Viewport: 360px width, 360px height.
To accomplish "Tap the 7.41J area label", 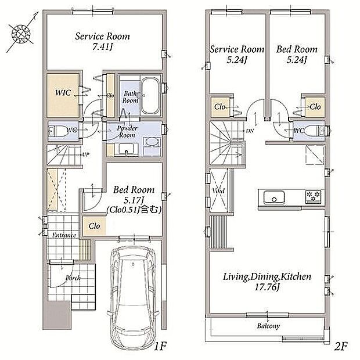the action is point(102,47).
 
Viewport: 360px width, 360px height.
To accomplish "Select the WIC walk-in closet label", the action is point(63,93).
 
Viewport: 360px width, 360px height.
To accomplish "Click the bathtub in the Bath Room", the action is point(150,95).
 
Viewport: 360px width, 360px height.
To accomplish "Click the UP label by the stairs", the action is point(86,154).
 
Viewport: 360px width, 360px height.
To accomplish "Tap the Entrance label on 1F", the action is point(64,235).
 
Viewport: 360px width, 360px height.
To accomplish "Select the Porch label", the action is point(73,278).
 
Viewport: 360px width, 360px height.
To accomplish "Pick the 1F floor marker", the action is point(160,346).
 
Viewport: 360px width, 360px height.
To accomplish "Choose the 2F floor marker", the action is point(340,346).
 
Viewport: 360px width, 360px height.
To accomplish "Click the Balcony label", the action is point(268,326).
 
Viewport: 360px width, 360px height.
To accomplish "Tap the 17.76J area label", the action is point(267,287).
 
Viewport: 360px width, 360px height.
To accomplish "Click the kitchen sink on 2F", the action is point(274,197).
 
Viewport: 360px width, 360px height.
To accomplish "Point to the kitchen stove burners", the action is point(313,196).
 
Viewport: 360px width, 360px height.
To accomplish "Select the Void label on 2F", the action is point(218,190).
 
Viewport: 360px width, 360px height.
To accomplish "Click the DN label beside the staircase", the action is point(250,131).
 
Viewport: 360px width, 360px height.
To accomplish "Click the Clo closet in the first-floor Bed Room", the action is point(95,226).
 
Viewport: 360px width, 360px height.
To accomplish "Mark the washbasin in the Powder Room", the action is point(126,149).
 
